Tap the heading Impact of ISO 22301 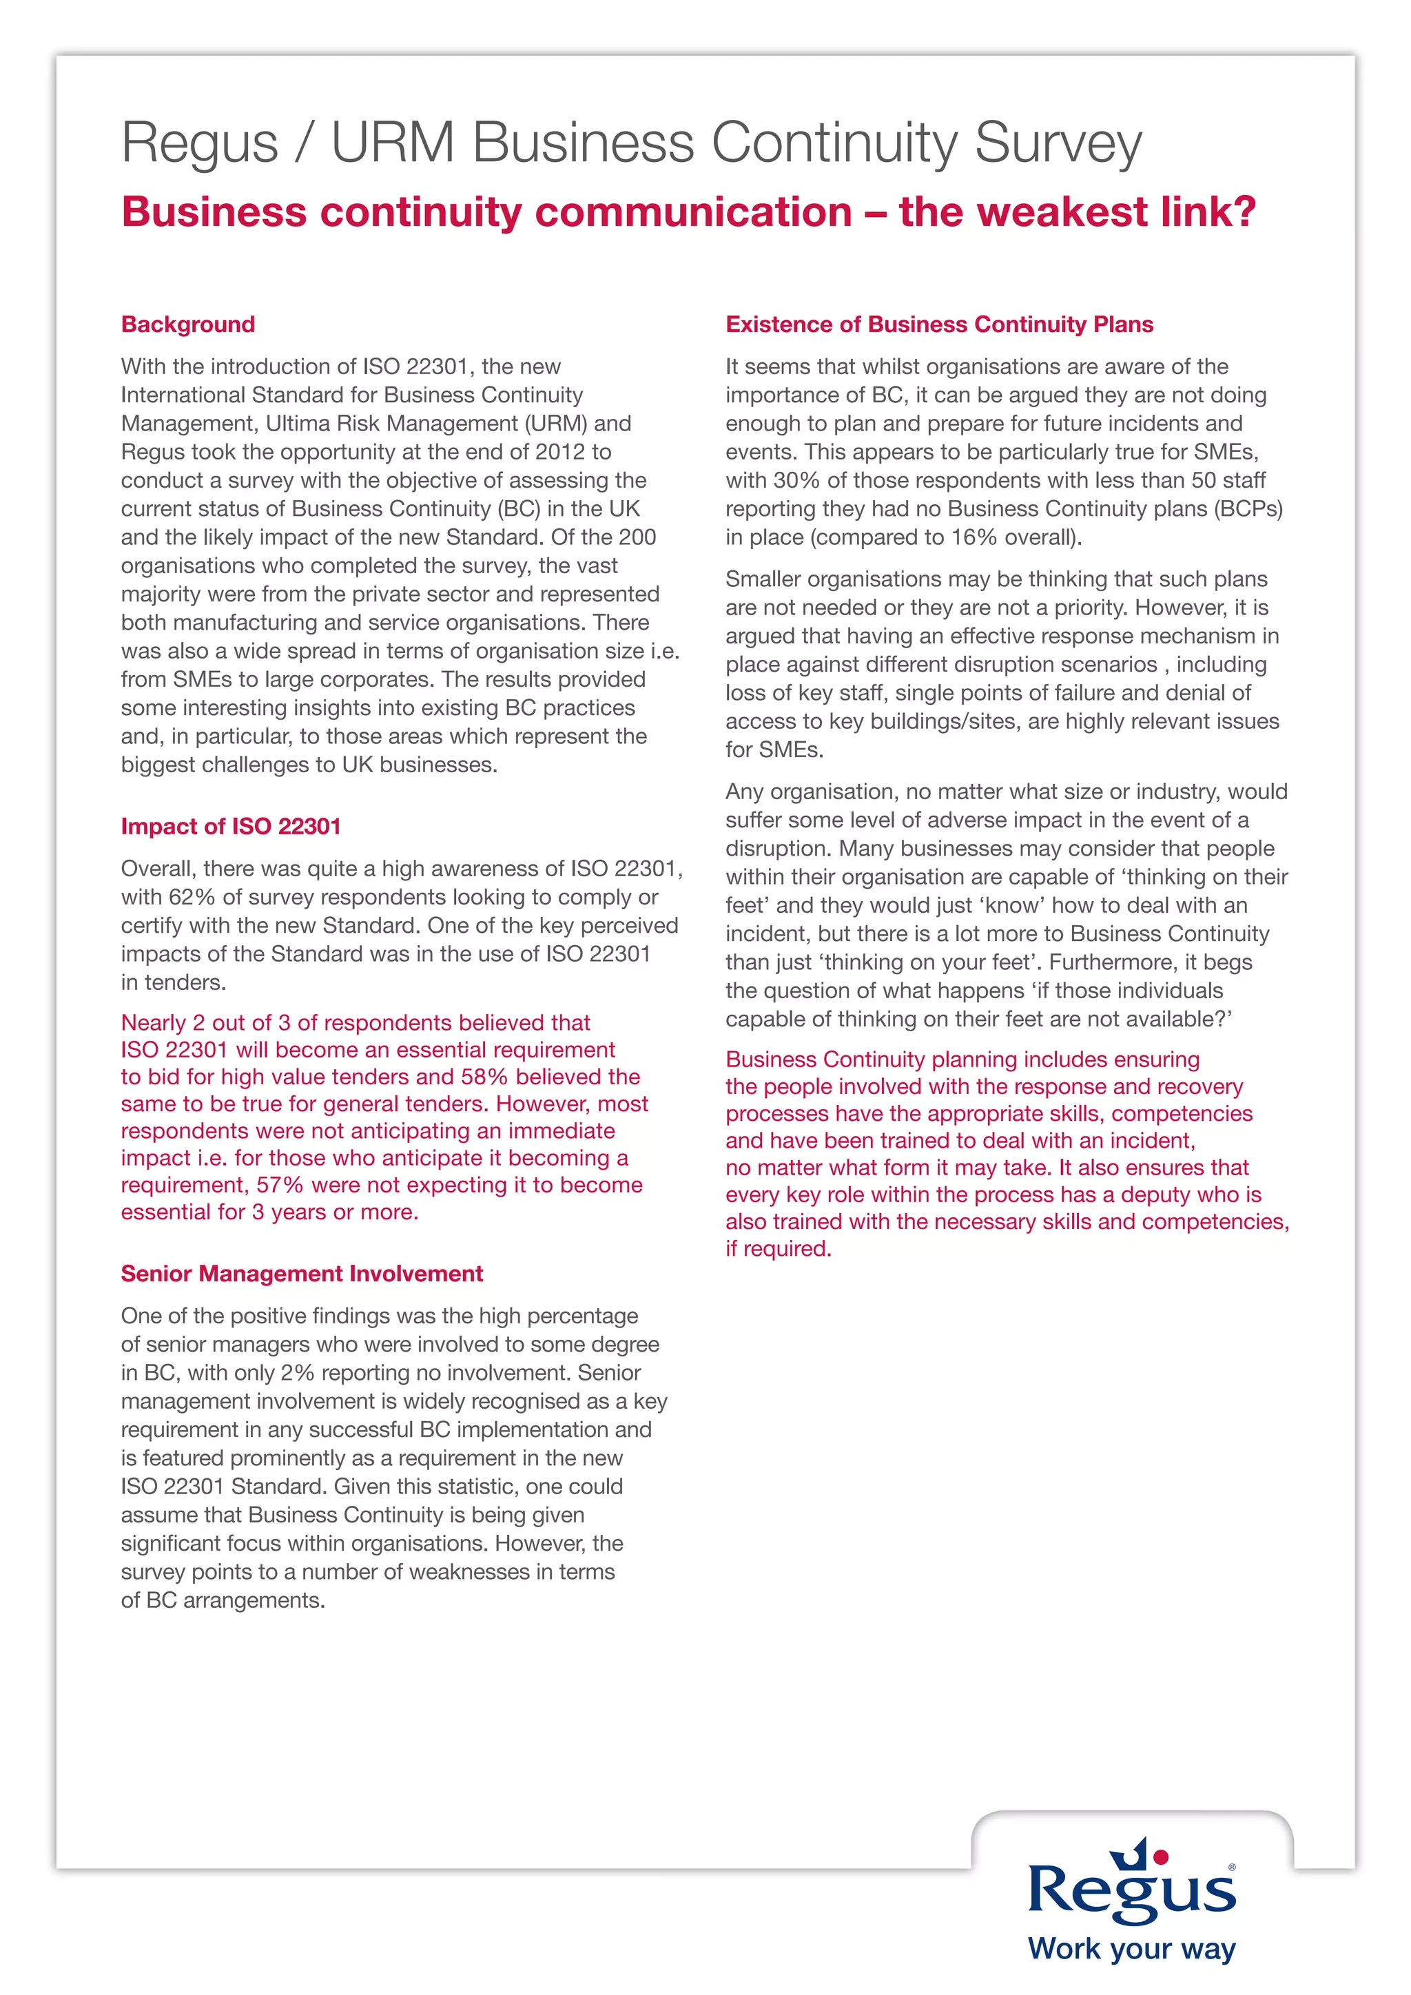point(230,827)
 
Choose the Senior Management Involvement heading point(302,1274)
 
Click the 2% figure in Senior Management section point(296,1373)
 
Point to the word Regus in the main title point(199,143)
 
